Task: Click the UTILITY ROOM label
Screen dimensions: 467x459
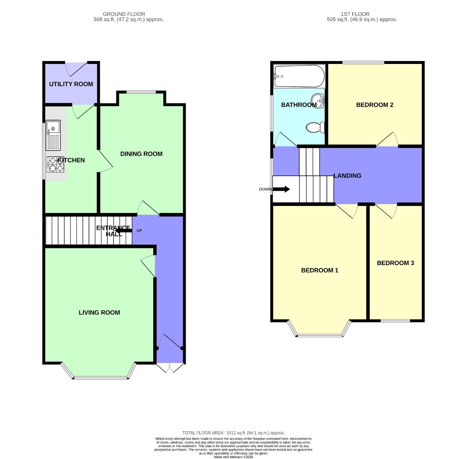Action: pos(71,84)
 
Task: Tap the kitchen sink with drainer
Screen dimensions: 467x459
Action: pos(53,135)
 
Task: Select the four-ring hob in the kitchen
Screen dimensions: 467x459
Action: pos(55,164)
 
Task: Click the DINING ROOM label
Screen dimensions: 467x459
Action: pos(141,154)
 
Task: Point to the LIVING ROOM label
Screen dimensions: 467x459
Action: pos(99,312)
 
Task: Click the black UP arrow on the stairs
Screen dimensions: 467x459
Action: pos(123,230)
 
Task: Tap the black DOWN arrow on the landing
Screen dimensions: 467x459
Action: pos(281,189)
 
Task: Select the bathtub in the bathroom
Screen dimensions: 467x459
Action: pos(299,76)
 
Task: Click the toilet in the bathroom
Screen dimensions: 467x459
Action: pos(315,127)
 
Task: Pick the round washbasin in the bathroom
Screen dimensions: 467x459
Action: pos(317,101)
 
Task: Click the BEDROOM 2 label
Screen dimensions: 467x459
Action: pos(375,105)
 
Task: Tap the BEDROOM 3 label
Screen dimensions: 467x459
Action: pos(395,263)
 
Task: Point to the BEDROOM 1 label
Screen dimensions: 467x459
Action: pos(320,270)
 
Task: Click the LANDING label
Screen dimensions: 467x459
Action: pos(348,175)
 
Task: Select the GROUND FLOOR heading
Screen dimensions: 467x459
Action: pos(124,14)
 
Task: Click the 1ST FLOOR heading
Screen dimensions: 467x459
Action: pos(355,14)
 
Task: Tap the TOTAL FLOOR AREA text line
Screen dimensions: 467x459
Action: pos(233,433)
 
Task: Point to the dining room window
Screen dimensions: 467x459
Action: pos(141,92)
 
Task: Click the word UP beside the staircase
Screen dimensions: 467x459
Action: pos(139,231)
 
